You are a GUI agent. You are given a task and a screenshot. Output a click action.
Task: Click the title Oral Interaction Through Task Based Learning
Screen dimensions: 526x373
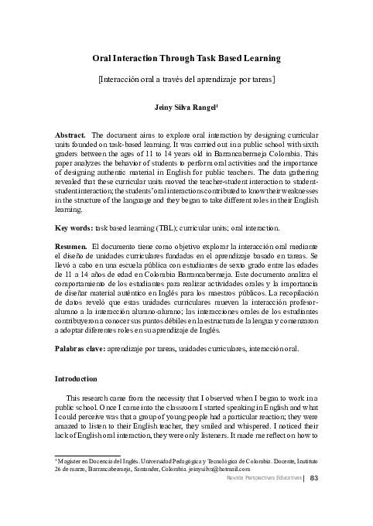point(186,58)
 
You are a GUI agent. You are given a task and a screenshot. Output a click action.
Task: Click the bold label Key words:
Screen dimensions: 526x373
point(73,229)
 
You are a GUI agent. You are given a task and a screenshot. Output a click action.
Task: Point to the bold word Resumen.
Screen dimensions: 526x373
point(70,246)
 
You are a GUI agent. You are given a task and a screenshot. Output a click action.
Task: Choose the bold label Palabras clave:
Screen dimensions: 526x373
point(80,349)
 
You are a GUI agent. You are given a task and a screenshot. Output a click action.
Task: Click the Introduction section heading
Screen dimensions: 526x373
point(76,379)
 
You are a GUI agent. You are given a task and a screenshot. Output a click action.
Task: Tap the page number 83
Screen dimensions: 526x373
point(314,478)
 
